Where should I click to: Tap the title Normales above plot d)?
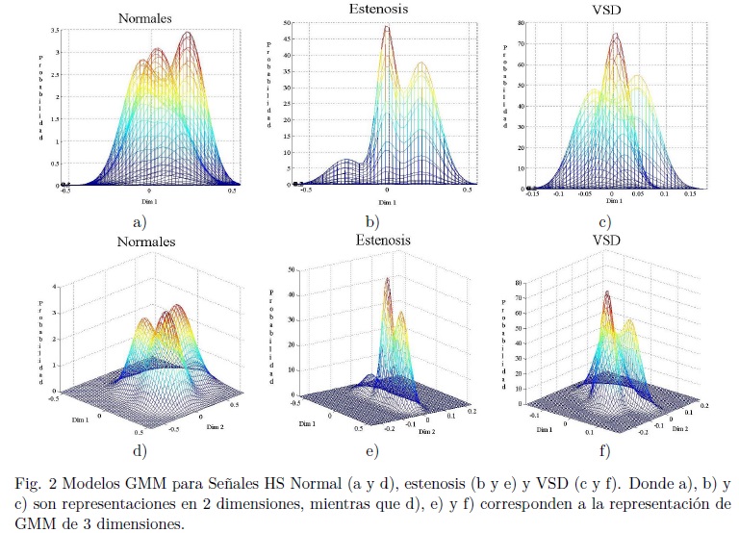[x=147, y=241]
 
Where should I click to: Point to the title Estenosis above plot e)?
[x=381, y=241]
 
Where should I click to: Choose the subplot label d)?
[x=140, y=448]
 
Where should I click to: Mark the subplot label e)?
[x=371, y=450]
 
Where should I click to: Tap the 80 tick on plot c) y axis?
[x=520, y=21]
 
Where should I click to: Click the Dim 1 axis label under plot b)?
[x=386, y=204]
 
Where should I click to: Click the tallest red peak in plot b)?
[x=387, y=28]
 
